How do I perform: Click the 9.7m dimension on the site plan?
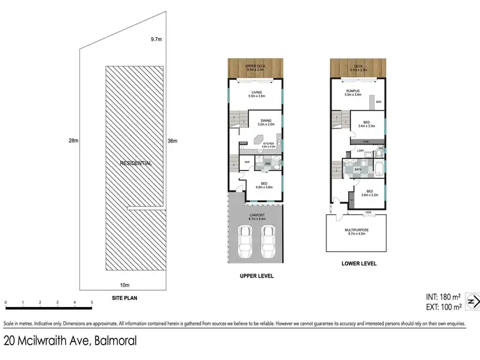[156, 40]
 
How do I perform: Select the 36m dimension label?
[172, 141]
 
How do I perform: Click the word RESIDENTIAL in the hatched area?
[136, 164]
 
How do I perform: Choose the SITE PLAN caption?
[125, 298]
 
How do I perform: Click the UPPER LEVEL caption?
[256, 276]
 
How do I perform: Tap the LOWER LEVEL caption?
[358, 263]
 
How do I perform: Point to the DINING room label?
[266, 120]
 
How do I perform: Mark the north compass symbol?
[473, 301]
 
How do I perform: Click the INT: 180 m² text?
[443, 296]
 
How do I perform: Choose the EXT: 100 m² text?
[443, 308]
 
